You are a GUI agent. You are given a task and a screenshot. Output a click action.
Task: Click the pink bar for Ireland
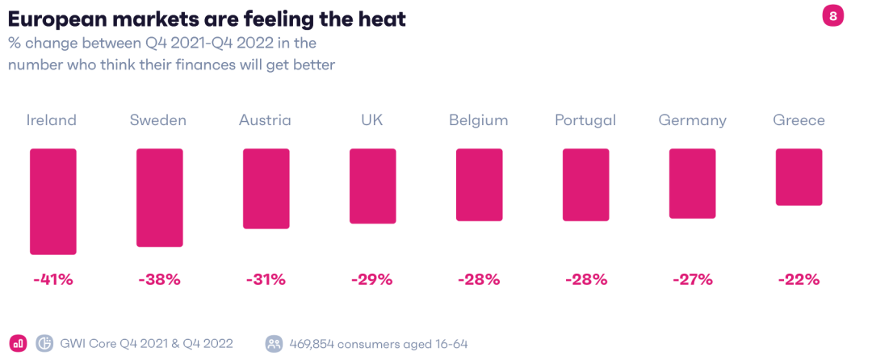tap(53, 201)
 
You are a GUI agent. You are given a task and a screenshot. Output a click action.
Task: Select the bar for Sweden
tap(159, 197)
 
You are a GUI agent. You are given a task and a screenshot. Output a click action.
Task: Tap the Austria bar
tap(266, 189)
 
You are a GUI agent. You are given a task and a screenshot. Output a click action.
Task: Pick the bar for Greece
tap(799, 177)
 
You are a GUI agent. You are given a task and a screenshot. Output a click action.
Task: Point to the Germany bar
tap(692, 183)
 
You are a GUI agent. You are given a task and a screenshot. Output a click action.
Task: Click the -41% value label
tap(53, 280)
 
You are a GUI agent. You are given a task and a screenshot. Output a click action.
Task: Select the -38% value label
tap(159, 280)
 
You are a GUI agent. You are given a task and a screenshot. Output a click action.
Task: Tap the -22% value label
tap(799, 280)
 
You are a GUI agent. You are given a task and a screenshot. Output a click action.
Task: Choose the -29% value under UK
tap(372, 280)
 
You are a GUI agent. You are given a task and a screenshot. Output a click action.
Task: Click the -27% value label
tap(692, 280)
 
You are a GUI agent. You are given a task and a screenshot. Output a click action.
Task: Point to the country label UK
tap(372, 120)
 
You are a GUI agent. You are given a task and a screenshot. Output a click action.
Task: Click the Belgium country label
tap(479, 120)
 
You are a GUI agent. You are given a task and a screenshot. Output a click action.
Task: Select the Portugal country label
tap(585, 120)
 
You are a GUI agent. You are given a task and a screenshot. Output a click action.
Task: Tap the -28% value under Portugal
tap(585, 280)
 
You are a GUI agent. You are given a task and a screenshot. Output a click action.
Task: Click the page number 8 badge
tap(832, 15)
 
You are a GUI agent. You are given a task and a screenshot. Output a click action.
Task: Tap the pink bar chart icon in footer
tap(18, 343)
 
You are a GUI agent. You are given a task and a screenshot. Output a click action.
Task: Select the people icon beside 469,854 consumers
tap(274, 343)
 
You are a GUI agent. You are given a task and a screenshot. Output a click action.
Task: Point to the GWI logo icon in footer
tap(45, 343)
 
